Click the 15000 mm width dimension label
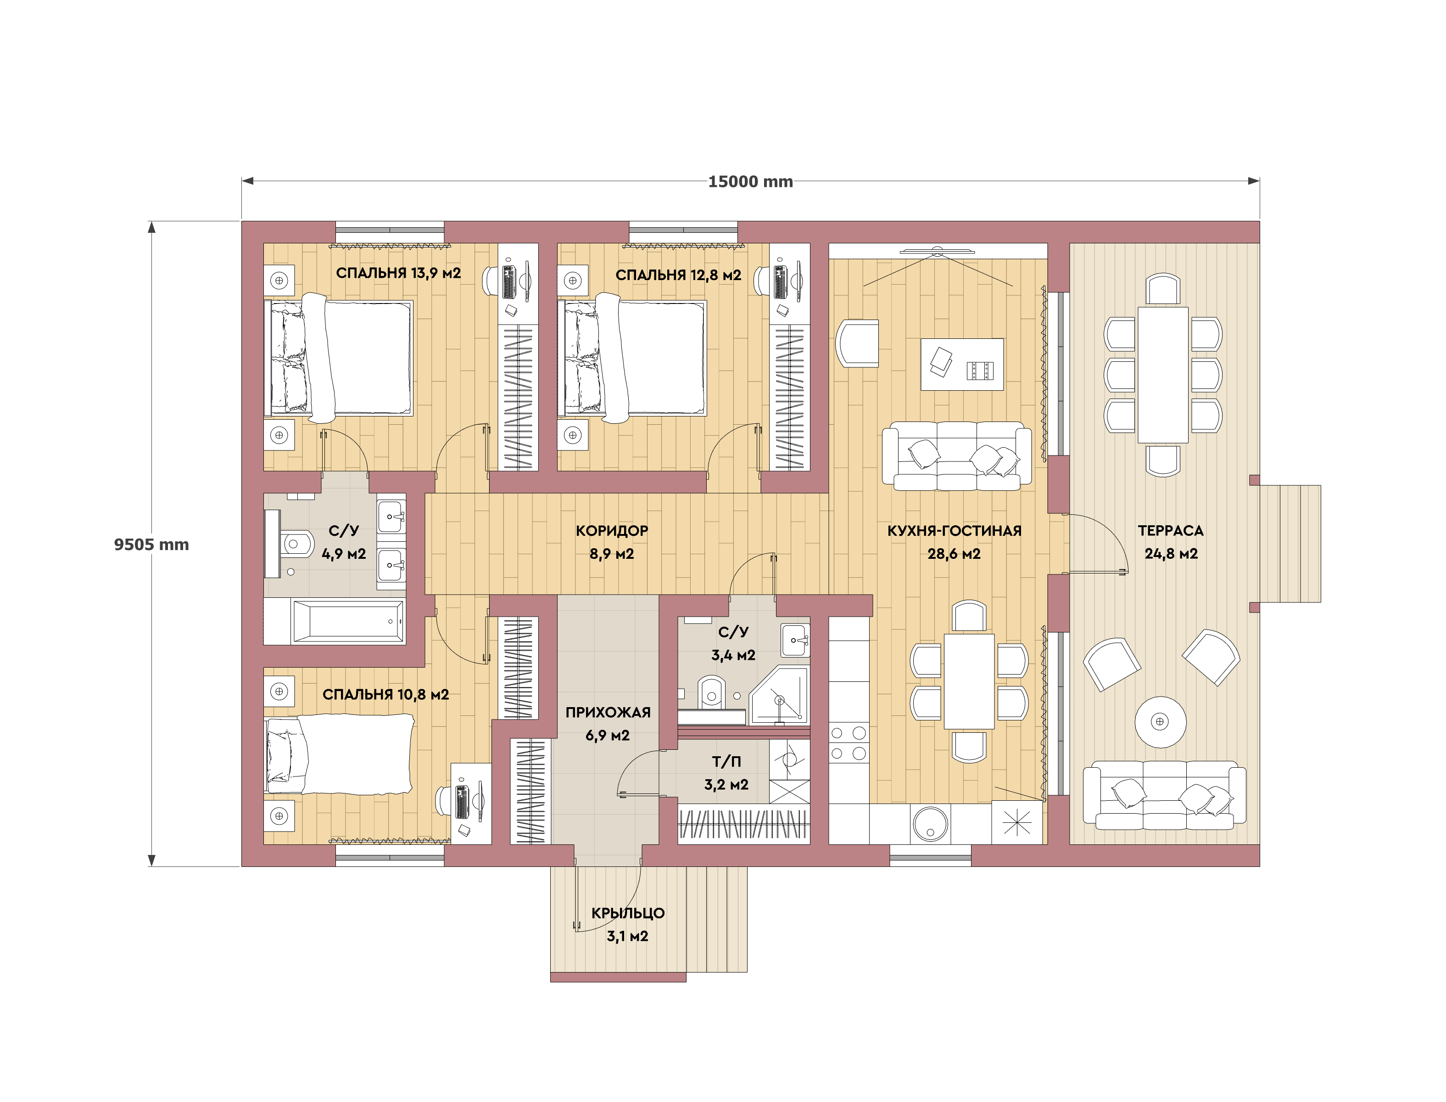point(750,182)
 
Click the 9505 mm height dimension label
point(151,545)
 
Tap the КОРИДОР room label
point(612,531)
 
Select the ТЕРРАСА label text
point(1171,531)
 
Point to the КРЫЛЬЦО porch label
point(628,913)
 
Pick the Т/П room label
point(726,762)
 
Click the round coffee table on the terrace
point(1160,721)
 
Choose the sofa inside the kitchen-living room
point(956,456)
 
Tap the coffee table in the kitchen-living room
point(961,365)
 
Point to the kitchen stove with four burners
point(849,743)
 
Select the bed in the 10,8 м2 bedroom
point(339,754)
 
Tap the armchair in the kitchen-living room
point(857,343)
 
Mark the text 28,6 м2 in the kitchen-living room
point(954,554)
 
